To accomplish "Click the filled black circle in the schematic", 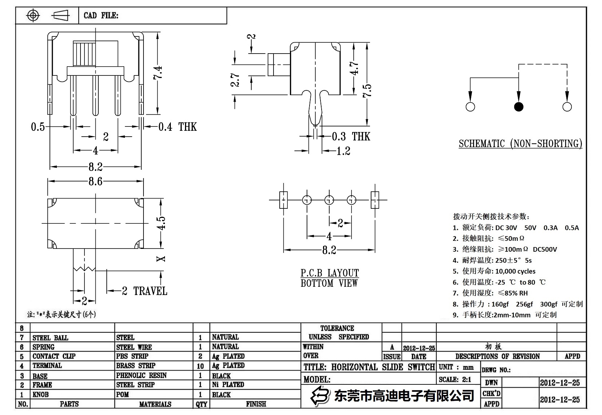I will point(519,107).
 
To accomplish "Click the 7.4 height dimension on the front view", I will point(158,73).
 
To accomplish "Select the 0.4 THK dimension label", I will point(177,127).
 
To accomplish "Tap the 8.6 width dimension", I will point(95,181).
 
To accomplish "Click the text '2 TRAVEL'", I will point(145,291).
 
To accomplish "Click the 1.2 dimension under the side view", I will point(343,151).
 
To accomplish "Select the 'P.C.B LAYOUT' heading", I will point(330,273).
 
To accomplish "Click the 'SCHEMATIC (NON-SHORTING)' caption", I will point(520,144).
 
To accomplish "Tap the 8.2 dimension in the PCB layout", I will point(329,250).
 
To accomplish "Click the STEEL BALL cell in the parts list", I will point(50,338).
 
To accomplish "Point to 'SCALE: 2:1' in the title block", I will point(455,379).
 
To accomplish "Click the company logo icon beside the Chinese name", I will point(320,395).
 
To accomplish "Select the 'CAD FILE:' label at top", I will point(101,15).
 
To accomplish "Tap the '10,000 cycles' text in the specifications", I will point(515,271).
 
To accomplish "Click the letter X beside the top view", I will point(161,259).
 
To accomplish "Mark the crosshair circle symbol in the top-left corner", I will point(33,15).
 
